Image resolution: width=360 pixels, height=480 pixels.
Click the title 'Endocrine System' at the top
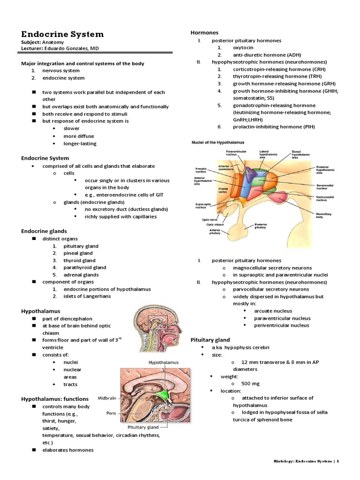[62, 34]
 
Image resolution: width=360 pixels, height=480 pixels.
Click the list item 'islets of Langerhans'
[87, 296]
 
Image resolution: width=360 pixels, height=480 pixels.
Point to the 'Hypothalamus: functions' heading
[55, 398]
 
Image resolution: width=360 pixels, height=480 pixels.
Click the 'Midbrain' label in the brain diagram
[107, 398]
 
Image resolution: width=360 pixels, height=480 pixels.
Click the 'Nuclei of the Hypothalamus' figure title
[217, 142]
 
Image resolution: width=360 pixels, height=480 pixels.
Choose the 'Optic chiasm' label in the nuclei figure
[217, 224]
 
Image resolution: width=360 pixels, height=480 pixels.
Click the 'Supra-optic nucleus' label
[202, 206]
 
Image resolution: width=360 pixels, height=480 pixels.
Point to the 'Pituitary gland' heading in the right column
[210, 339]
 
